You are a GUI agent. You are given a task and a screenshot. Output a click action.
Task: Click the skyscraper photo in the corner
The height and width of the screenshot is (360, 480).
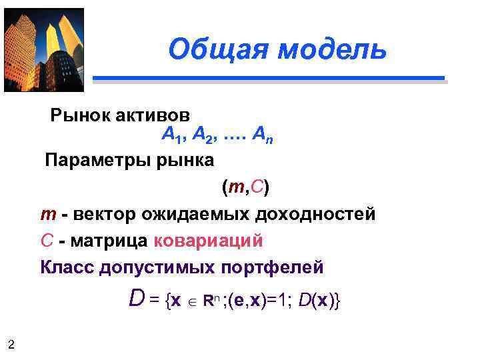44,50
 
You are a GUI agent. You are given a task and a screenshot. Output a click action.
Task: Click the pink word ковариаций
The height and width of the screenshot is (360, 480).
208,241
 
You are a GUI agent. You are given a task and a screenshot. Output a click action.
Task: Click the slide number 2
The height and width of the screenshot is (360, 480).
11,344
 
